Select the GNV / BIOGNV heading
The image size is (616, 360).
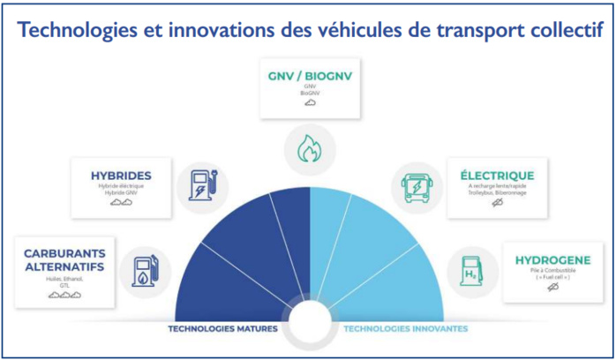coord(309,77)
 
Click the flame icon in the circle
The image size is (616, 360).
coord(310,147)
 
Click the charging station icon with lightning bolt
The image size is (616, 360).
coord(203,186)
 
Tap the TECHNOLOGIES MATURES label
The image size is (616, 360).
coord(222,329)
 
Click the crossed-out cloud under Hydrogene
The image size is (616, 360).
coord(552,289)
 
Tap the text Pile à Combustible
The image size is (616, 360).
coord(552,272)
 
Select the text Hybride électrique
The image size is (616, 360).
coord(120,186)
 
